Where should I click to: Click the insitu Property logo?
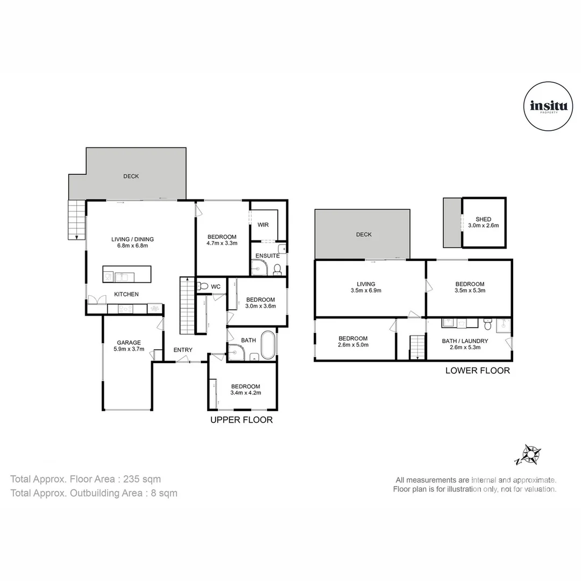548,107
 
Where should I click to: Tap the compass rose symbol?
530,455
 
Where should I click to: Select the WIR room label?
263,225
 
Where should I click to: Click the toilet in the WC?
202,286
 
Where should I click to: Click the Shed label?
483,219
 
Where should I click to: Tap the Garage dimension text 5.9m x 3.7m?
129,349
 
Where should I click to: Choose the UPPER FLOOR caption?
242,420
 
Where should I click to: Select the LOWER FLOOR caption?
478,371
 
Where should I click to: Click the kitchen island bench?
127,274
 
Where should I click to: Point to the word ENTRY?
183,350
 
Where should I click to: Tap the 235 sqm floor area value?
142,479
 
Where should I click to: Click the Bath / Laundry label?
465,341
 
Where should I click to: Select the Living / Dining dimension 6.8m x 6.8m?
133,246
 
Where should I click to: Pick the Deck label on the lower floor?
364,235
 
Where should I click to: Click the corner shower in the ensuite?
259,267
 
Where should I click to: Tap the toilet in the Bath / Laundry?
487,324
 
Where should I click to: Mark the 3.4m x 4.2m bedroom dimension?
246,393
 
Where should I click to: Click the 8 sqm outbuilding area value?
164,493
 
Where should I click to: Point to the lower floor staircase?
417,347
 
